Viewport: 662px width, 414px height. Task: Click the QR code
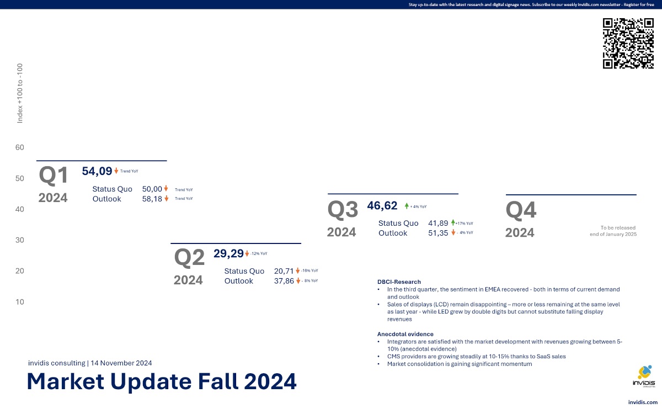628,43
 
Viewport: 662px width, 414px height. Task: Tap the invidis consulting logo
643,376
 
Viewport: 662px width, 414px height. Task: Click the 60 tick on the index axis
20,147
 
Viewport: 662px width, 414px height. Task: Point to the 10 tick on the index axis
20,302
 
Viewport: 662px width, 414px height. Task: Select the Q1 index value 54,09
97,172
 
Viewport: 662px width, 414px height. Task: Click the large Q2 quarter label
189,257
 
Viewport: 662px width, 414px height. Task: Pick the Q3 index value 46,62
382,206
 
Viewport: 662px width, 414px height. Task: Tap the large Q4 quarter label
521,210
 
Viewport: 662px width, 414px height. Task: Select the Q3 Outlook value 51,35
438,233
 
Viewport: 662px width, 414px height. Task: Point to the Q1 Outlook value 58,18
152,199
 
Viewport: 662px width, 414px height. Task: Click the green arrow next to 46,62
407,206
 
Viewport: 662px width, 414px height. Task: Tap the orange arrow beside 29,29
247,254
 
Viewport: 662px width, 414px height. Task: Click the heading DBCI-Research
399,282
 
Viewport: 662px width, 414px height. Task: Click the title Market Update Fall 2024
162,381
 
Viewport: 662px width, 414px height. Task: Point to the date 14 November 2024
120,363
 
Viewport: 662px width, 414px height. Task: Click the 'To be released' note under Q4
613,231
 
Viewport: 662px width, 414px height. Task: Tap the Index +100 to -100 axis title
20,93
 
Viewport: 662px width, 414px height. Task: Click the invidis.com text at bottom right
643,404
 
